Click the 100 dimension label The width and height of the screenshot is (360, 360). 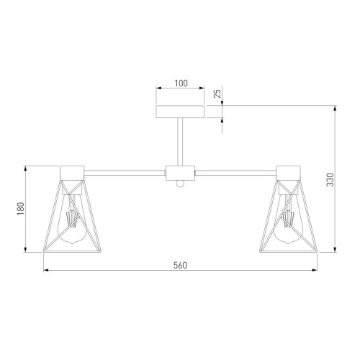pos(181,84)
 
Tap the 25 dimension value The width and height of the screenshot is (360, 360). pos(217,94)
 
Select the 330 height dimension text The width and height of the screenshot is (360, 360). pos(330,179)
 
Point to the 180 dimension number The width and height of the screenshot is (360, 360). pos(21,208)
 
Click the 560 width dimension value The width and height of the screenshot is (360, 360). pos(180,265)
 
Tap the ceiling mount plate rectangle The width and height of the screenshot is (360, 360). pos(180,112)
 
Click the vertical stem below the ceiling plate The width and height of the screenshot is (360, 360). pos(180,142)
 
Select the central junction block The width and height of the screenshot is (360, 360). pos(180,173)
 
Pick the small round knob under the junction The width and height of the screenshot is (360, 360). pos(180,184)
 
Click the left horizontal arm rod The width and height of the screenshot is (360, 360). pos(125,173)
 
